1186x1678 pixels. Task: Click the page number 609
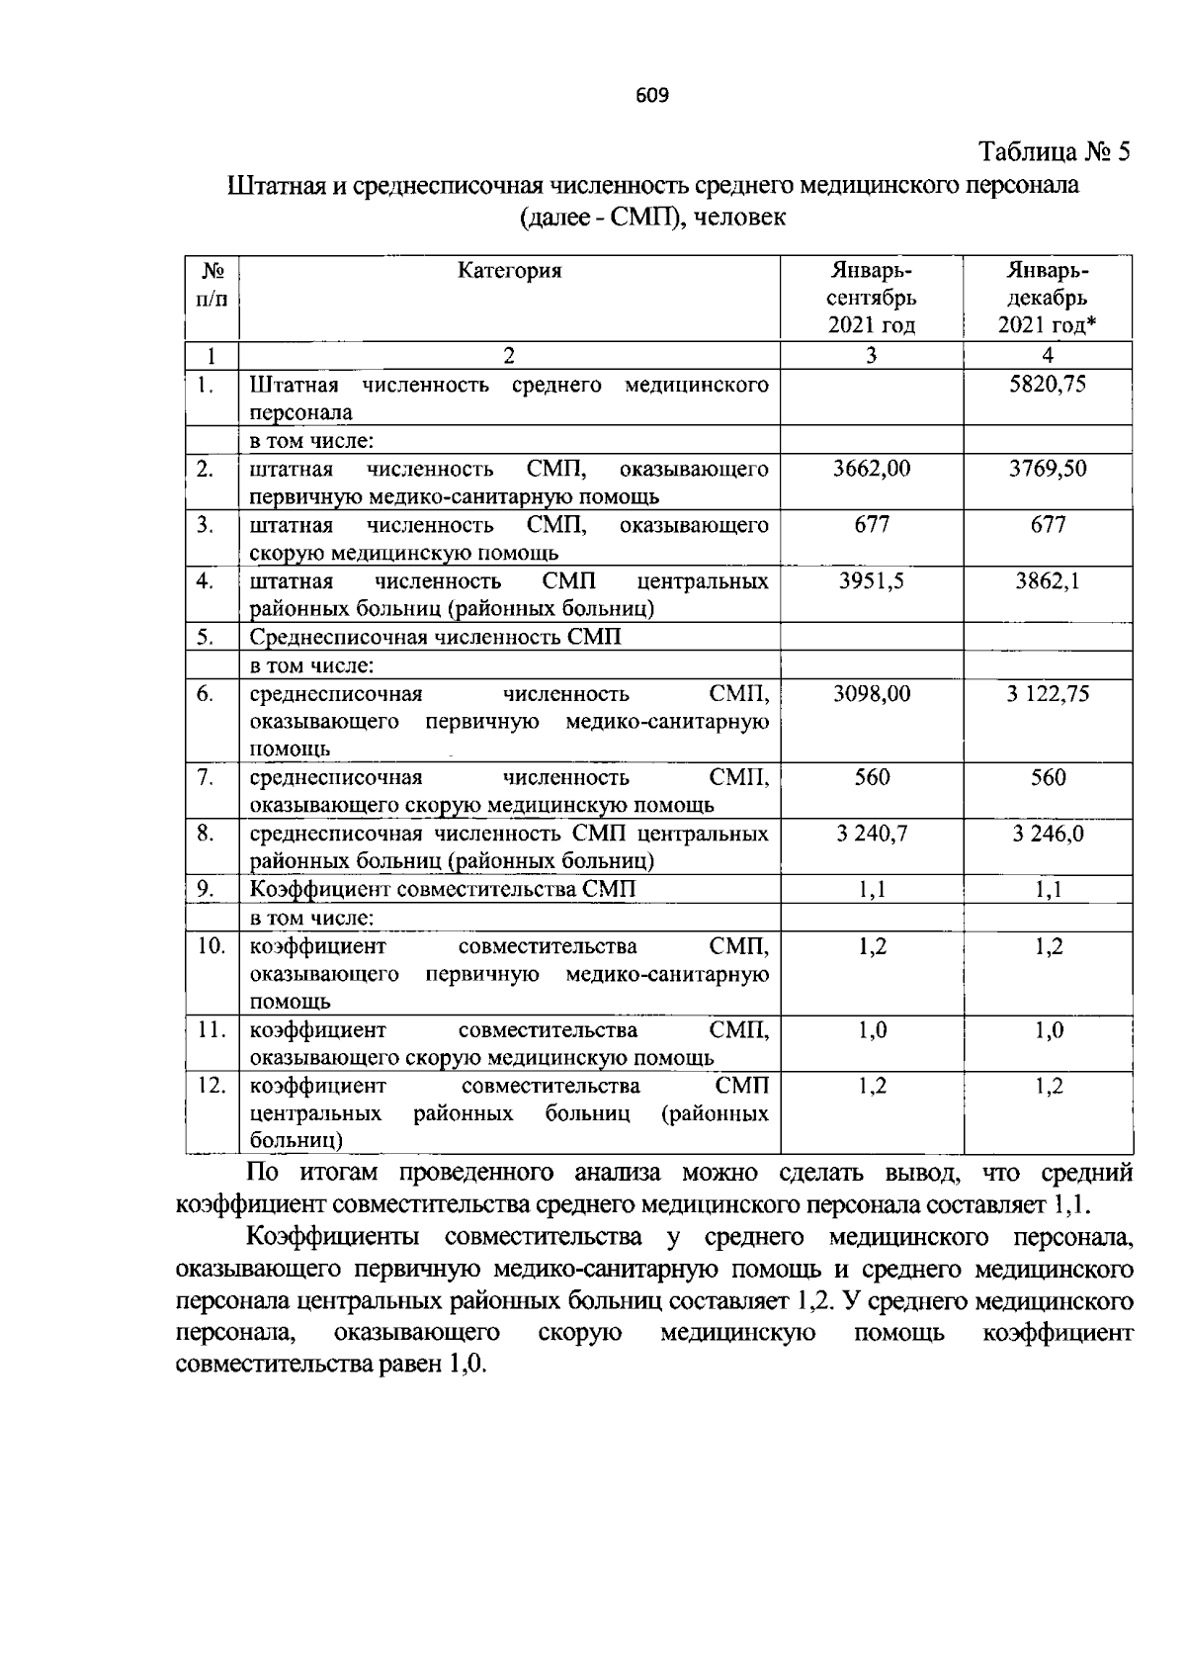tap(652, 95)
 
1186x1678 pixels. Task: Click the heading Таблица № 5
tap(1053, 152)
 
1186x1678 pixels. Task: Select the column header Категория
tap(509, 270)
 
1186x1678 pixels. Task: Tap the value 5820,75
tap(1047, 385)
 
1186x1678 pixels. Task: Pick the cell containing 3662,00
tap(871, 469)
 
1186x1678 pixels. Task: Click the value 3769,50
tap(1047, 469)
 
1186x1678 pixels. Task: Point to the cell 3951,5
tap(871, 580)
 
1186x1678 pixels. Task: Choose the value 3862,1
tap(1048, 580)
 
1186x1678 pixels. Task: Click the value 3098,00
tap(871, 694)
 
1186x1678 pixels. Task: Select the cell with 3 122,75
tap(1048, 694)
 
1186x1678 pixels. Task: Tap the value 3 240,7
tap(871, 834)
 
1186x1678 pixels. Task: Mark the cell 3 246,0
tap(1048, 834)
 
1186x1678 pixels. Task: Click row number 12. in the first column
tap(212, 1086)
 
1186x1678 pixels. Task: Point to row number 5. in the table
tap(206, 637)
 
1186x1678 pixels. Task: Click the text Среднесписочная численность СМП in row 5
tap(435, 637)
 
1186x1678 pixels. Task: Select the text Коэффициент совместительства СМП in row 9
tap(442, 890)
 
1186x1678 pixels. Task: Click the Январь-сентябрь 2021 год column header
tap(871, 298)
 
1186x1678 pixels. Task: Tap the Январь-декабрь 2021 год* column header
tap(1048, 298)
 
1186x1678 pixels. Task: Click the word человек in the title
tap(740, 217)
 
